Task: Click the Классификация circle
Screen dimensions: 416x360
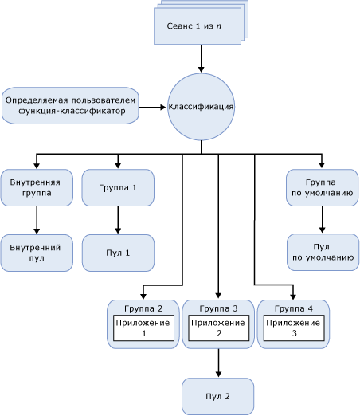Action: [x=201, y=107]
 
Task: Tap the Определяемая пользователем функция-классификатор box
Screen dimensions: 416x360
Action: [x=70, y=105]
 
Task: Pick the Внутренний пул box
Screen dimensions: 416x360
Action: [x=37, y=253]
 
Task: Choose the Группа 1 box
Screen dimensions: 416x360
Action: [x=118, y=188]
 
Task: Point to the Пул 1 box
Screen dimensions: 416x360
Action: [x=118, y=253]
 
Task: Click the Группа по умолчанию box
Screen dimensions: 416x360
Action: [x=322, y=188]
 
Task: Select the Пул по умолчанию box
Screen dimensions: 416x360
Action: [x=322, y=253]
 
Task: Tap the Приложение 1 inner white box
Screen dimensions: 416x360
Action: [x=143, y=328]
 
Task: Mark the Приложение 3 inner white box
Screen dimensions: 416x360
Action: [x=292, y=328]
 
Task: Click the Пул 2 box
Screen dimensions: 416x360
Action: [x=218, y=396]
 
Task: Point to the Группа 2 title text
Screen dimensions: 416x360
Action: [x=143, y=308]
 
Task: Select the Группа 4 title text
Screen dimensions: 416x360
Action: [x=292, y=308]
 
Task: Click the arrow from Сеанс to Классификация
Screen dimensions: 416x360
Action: [x=201, y=58]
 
